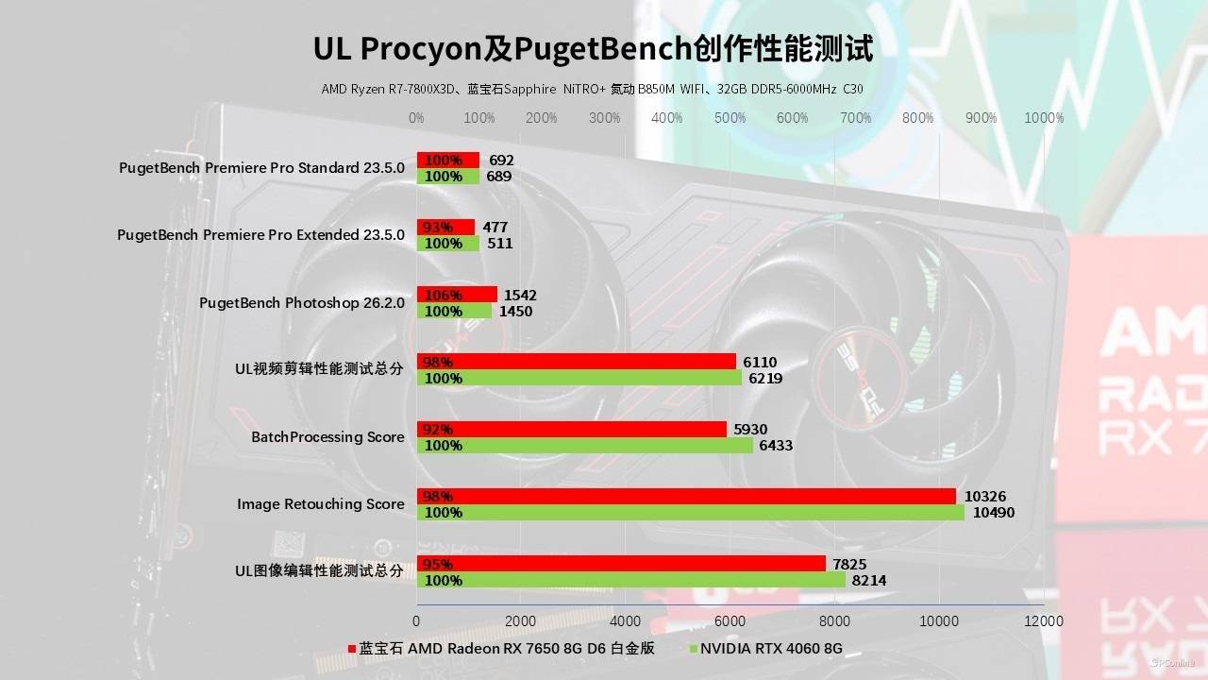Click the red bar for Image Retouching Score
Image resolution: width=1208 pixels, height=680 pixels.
686,497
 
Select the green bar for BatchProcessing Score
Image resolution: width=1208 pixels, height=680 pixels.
585,446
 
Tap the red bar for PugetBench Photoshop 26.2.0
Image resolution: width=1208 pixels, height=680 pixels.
457,295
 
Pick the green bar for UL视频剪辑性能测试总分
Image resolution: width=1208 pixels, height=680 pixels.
579,379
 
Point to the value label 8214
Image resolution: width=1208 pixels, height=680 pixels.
868,581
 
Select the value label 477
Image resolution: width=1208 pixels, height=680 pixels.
495,228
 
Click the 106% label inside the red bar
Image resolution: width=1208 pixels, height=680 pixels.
439,295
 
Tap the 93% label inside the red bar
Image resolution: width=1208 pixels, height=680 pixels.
437,228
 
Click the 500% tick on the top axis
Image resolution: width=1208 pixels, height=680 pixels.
730,118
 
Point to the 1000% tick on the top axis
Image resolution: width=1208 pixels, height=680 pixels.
1044,118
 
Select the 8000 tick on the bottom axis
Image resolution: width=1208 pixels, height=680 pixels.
834,620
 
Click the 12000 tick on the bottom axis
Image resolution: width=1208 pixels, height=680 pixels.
1043,620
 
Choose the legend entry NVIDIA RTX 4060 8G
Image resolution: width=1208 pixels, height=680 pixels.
765,649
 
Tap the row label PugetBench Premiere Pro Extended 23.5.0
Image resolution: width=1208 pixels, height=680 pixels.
260,235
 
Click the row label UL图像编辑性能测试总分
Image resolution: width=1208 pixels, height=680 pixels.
319,571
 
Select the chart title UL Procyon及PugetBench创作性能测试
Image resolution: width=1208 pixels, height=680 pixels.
593,49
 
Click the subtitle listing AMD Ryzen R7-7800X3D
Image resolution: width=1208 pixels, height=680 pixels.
592,90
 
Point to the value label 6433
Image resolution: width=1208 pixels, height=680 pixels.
777,446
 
